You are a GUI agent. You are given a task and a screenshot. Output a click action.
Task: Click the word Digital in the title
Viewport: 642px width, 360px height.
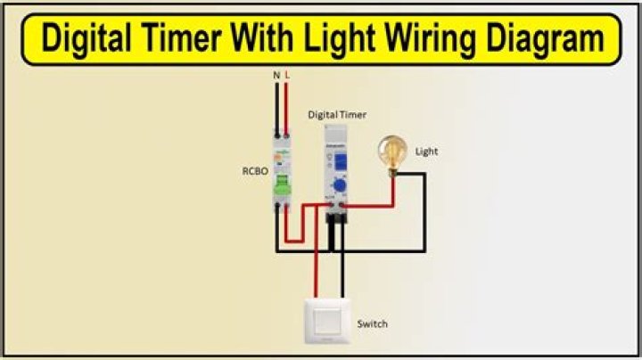point(95,39)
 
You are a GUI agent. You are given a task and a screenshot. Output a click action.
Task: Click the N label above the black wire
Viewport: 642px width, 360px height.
point(276,77)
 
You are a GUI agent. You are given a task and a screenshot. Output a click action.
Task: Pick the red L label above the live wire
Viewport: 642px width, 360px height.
point(287,77)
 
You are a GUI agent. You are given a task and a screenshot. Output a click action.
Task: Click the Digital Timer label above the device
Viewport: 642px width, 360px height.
point(336,115)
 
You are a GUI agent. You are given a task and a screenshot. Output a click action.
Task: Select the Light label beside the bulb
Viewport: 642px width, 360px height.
point(427,151)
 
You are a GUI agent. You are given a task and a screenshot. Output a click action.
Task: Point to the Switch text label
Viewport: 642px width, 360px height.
point(372,323)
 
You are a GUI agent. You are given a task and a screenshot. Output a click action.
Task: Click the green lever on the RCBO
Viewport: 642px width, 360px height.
point(282,184)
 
